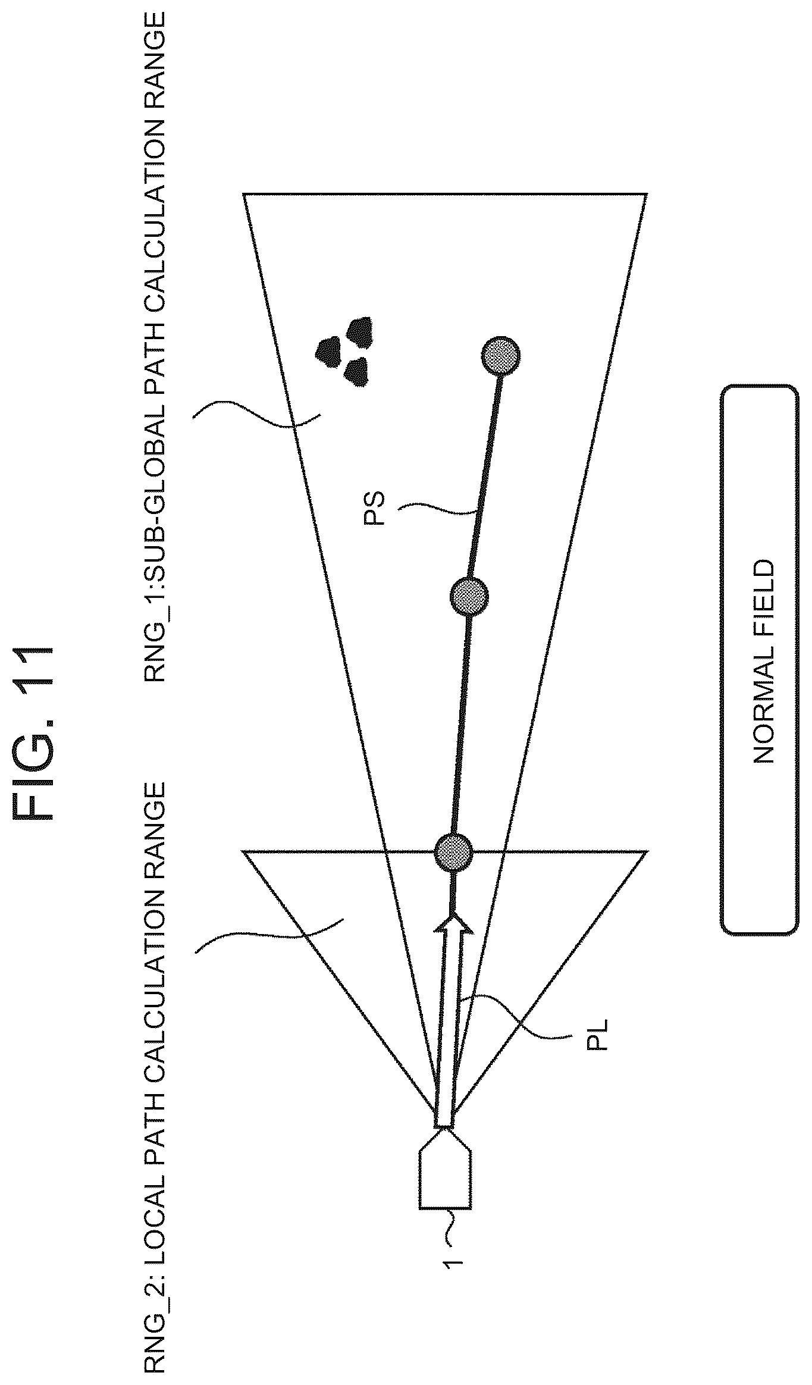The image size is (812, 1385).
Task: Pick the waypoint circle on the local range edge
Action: (453, 853)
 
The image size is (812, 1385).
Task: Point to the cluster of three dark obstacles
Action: (345, 351)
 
